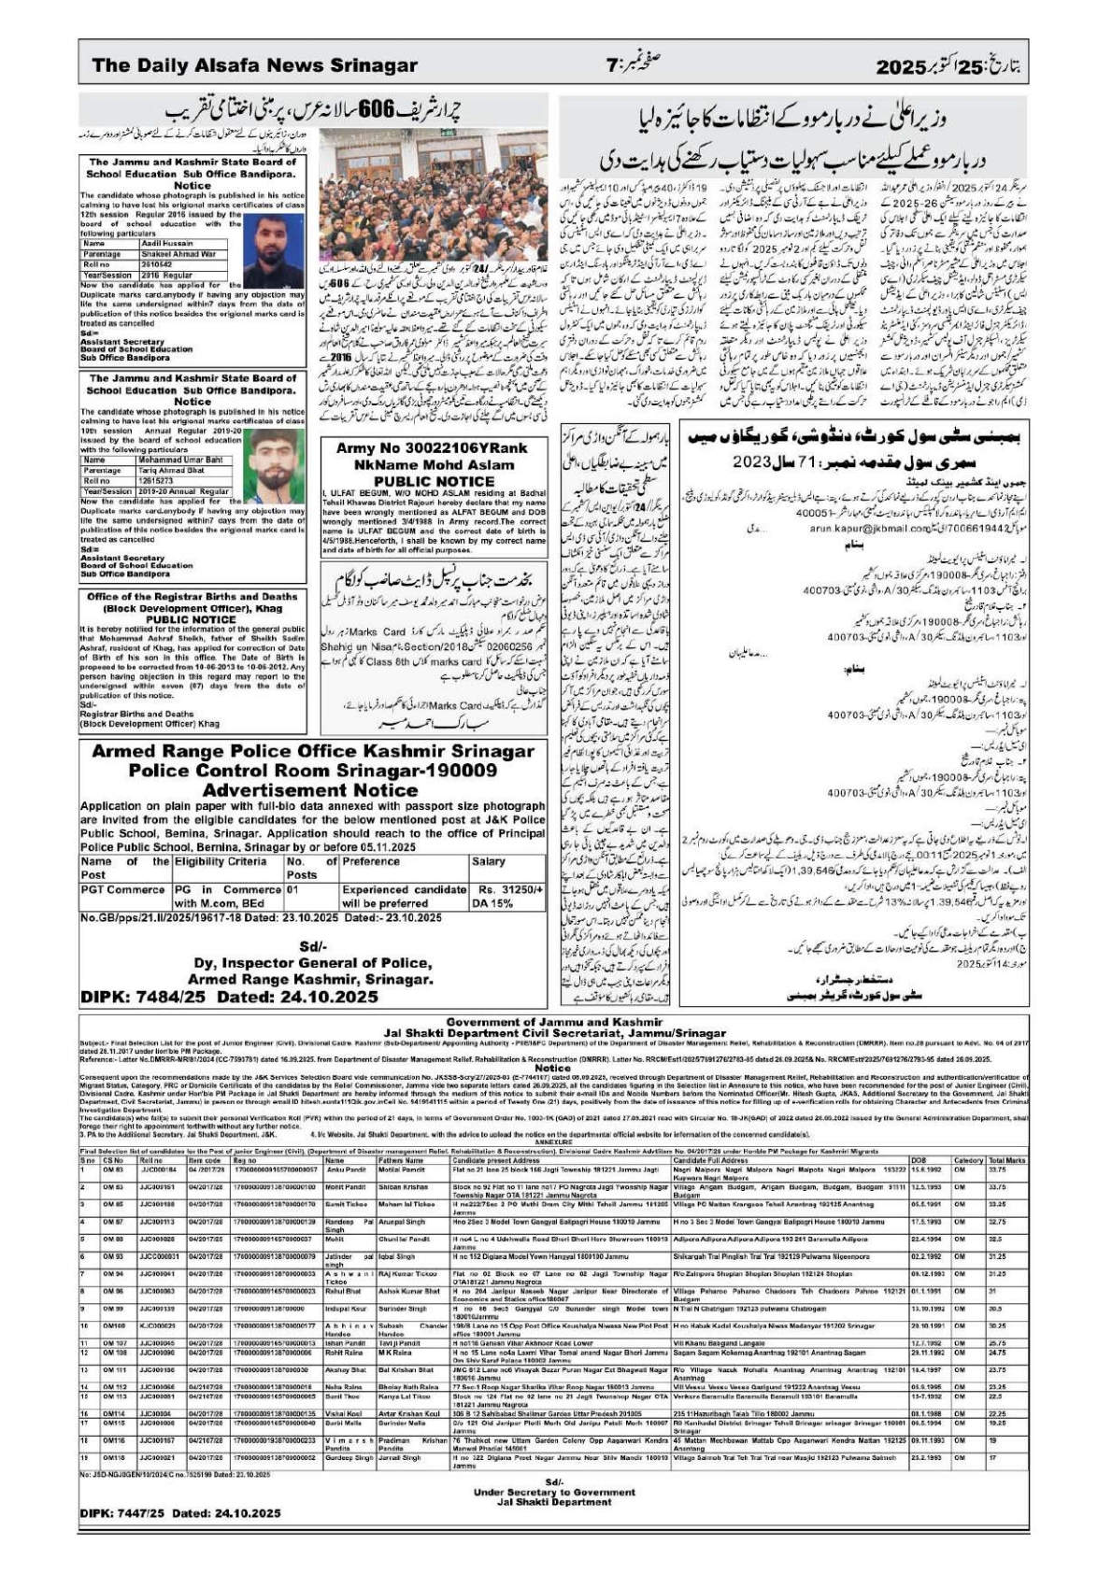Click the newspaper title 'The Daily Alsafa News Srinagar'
tap(254, 65)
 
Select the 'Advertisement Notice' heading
tap(312, 790)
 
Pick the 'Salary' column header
tap(489, 862)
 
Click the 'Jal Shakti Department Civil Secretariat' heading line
tap(553, 1033)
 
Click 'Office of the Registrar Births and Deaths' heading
tap(192, 595)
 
